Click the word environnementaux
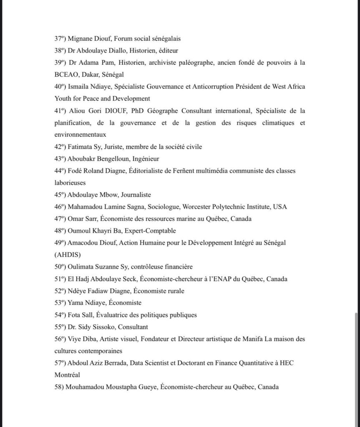coord(80,135)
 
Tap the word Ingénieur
coord(143,159)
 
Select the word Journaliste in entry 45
coord(133,195)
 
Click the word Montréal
coord(67,375)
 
